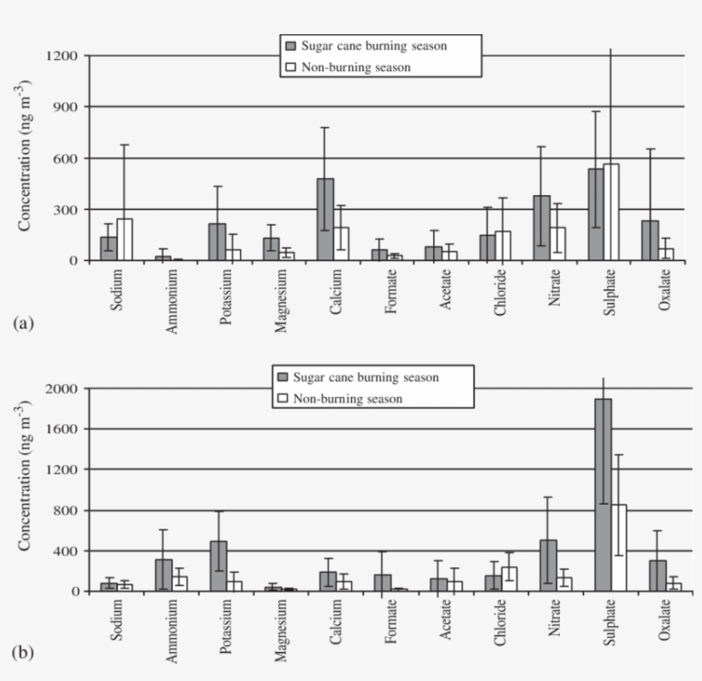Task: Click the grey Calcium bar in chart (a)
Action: [325, 219]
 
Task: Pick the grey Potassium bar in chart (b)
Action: [218, 566]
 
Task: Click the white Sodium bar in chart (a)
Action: [126, 240]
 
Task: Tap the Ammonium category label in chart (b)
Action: [171, 631]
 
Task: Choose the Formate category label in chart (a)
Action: [390, 291]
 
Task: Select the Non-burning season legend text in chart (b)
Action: [348, 399]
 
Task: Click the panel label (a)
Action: [23, 323]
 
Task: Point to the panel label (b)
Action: [23, 654]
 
